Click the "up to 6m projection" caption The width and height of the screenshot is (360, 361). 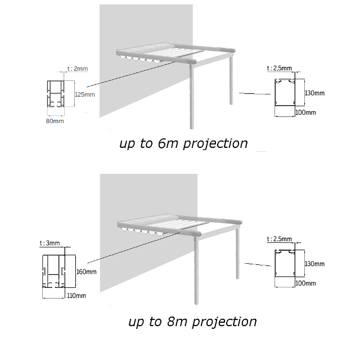coord(183,143)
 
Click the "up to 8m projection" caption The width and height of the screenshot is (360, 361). coord(192,322)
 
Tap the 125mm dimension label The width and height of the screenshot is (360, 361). coord(84,94)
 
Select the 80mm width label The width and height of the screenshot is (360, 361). coord(55,120)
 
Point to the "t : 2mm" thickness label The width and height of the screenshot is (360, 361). coord(78,69)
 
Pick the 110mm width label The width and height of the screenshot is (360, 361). coord(76,295)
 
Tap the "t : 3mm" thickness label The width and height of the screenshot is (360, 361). coord(49,243)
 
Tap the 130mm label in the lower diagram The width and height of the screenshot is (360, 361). coord(314,264)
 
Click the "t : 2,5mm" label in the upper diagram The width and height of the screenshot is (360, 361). coord(279,67)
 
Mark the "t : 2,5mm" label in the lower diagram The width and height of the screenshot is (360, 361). coord(279,238)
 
